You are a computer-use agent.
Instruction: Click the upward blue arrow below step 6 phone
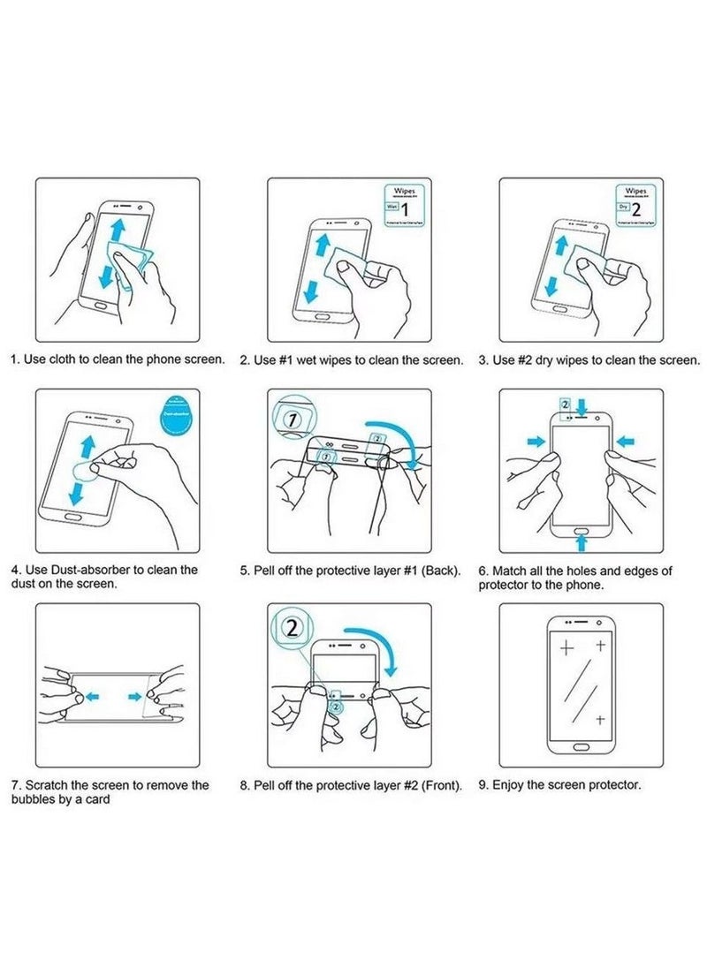[581, 537]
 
